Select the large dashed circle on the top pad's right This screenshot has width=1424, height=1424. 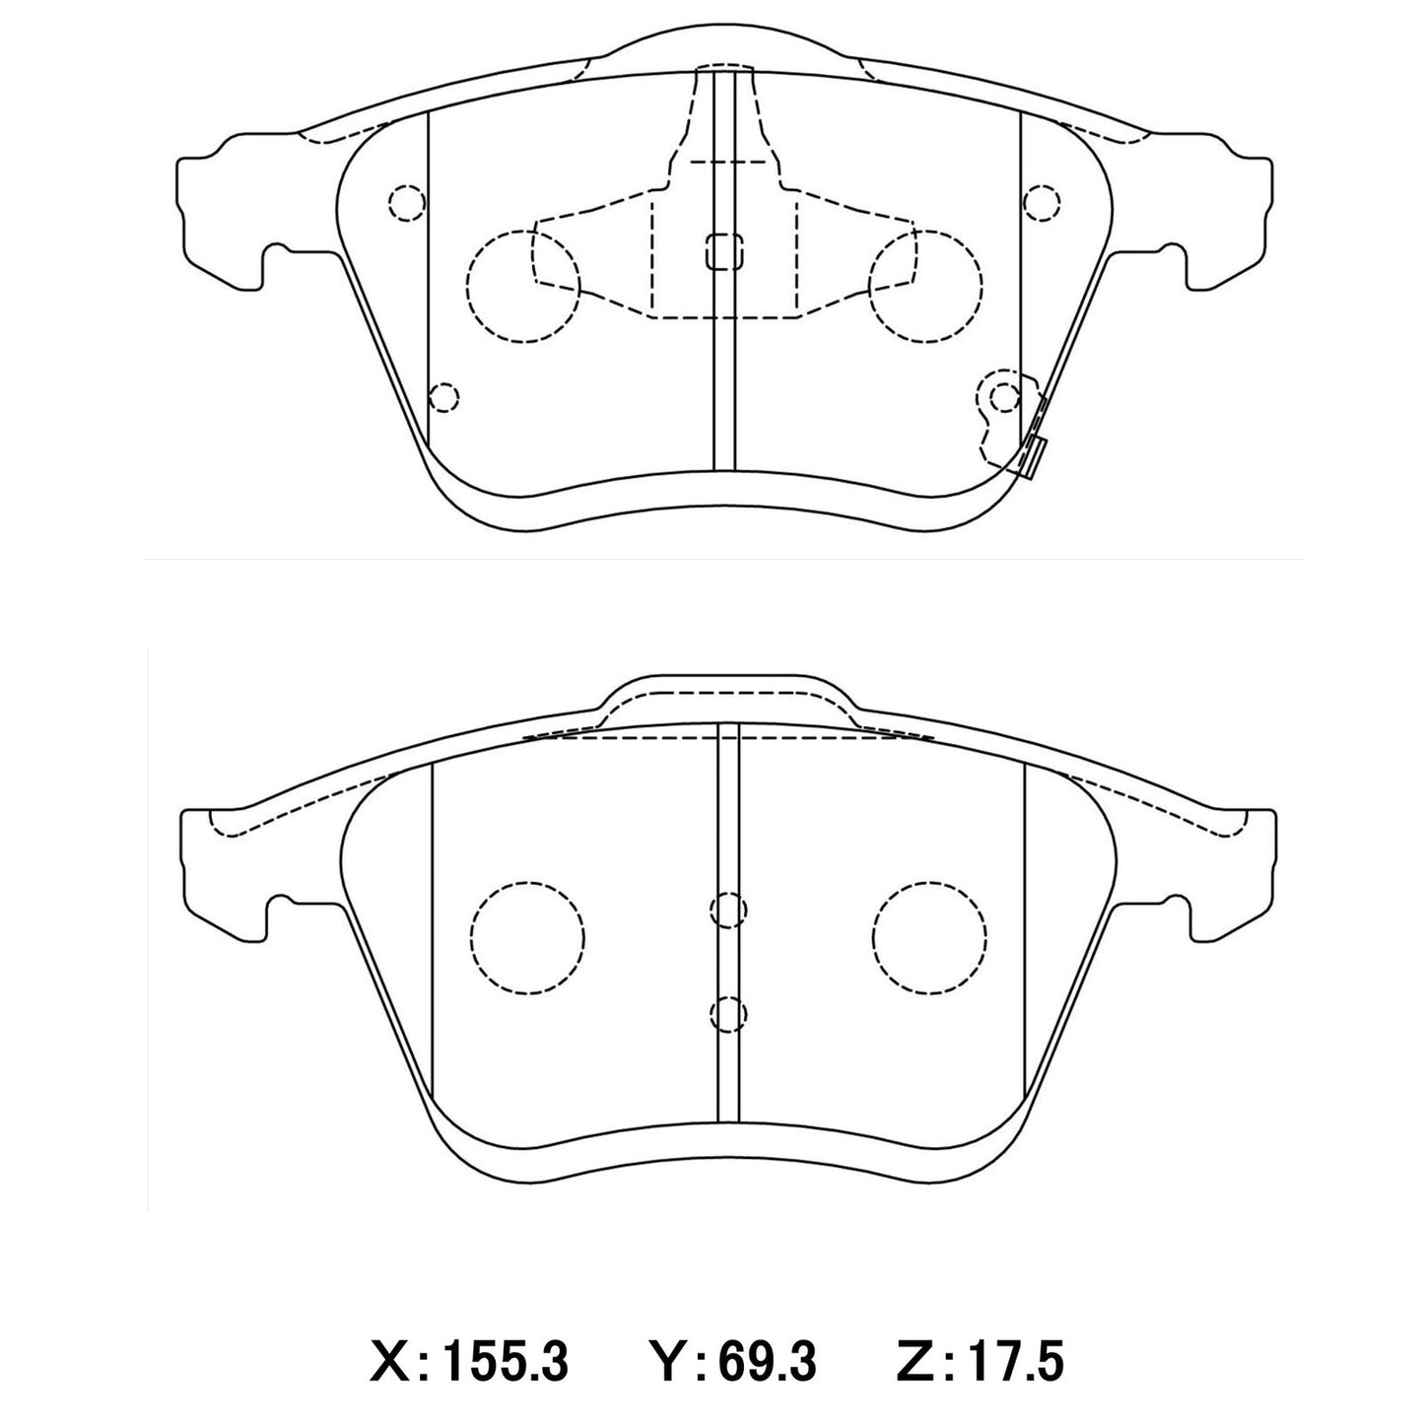click(x=926, y=287)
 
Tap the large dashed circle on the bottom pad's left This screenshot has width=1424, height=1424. click(x=528, y=933)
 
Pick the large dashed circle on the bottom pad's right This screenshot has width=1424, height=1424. click(x=928, y=933)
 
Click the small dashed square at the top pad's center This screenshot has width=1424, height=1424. click(x=723, y=251)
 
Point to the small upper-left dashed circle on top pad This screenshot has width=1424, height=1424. click(x=407, y=202)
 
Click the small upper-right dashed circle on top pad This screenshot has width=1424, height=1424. click(x=1041, y=202)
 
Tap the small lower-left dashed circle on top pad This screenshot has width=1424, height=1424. click(x=444, y=397)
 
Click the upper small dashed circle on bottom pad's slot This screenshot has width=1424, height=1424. click(x=728, y=911)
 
